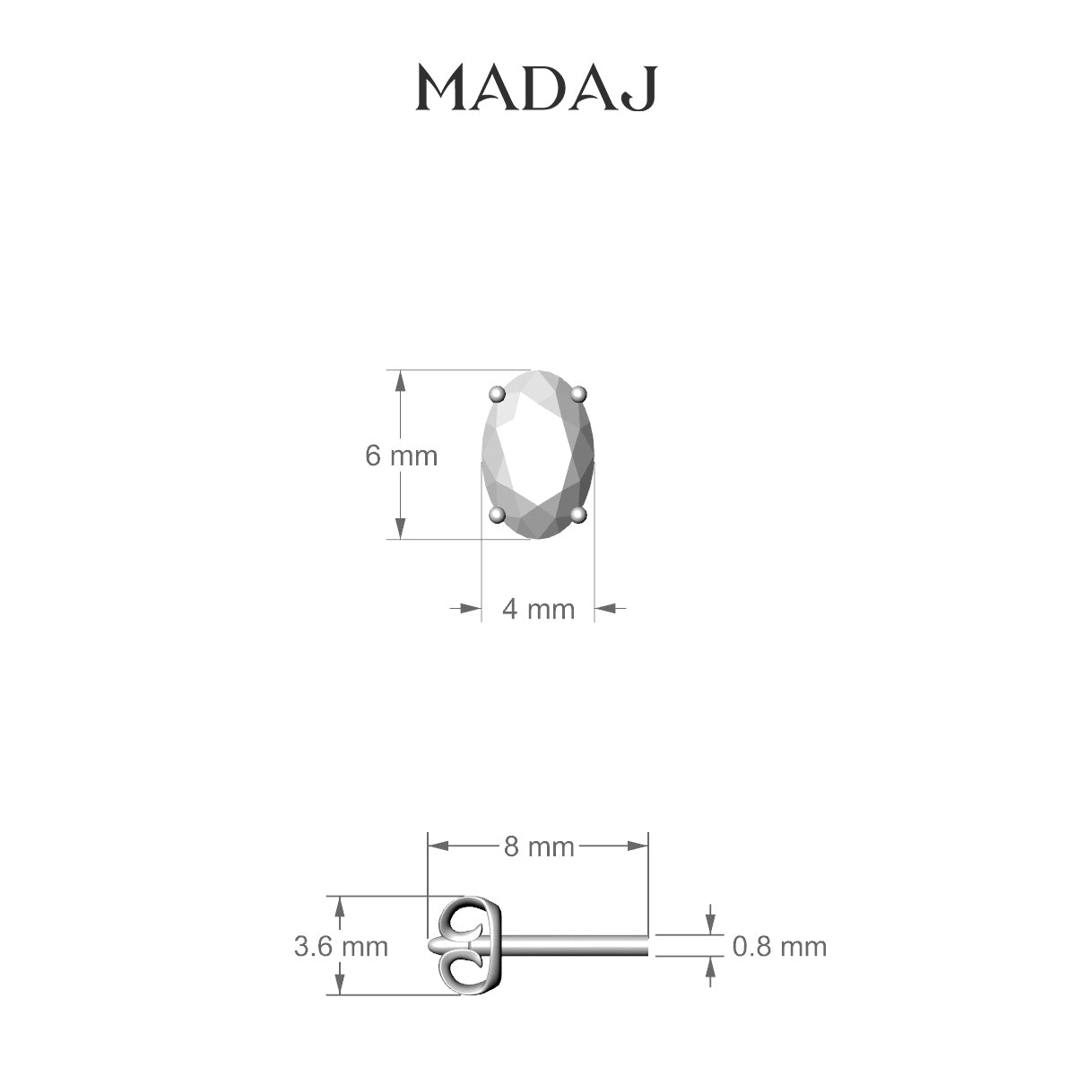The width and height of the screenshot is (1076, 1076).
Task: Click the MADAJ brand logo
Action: pos(537,89)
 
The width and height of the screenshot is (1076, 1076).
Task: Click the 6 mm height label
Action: pos(401,456)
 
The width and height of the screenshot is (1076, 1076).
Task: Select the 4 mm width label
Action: pos(538,609)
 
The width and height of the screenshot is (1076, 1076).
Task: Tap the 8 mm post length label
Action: pos(538,846)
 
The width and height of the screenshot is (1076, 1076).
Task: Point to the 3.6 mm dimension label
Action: pos(341,946)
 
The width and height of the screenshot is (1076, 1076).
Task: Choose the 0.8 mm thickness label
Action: pos(779,946)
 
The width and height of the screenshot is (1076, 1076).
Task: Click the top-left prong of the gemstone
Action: pos(496,394)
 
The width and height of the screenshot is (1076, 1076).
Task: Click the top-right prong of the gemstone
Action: pos(579,393)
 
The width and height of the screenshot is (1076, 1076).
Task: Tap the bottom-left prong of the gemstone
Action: pos(496,514)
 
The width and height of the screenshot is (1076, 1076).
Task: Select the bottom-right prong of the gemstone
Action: pos(579,514)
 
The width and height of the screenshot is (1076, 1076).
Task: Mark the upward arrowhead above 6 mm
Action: pos(401,380)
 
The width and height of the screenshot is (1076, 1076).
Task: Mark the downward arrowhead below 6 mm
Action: pos(401,529)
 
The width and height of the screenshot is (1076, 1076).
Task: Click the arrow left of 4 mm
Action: pos(468,608)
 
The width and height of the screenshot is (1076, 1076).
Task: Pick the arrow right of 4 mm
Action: pos(608,608)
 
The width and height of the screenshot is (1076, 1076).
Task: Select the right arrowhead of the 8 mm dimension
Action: pos(638,845)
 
